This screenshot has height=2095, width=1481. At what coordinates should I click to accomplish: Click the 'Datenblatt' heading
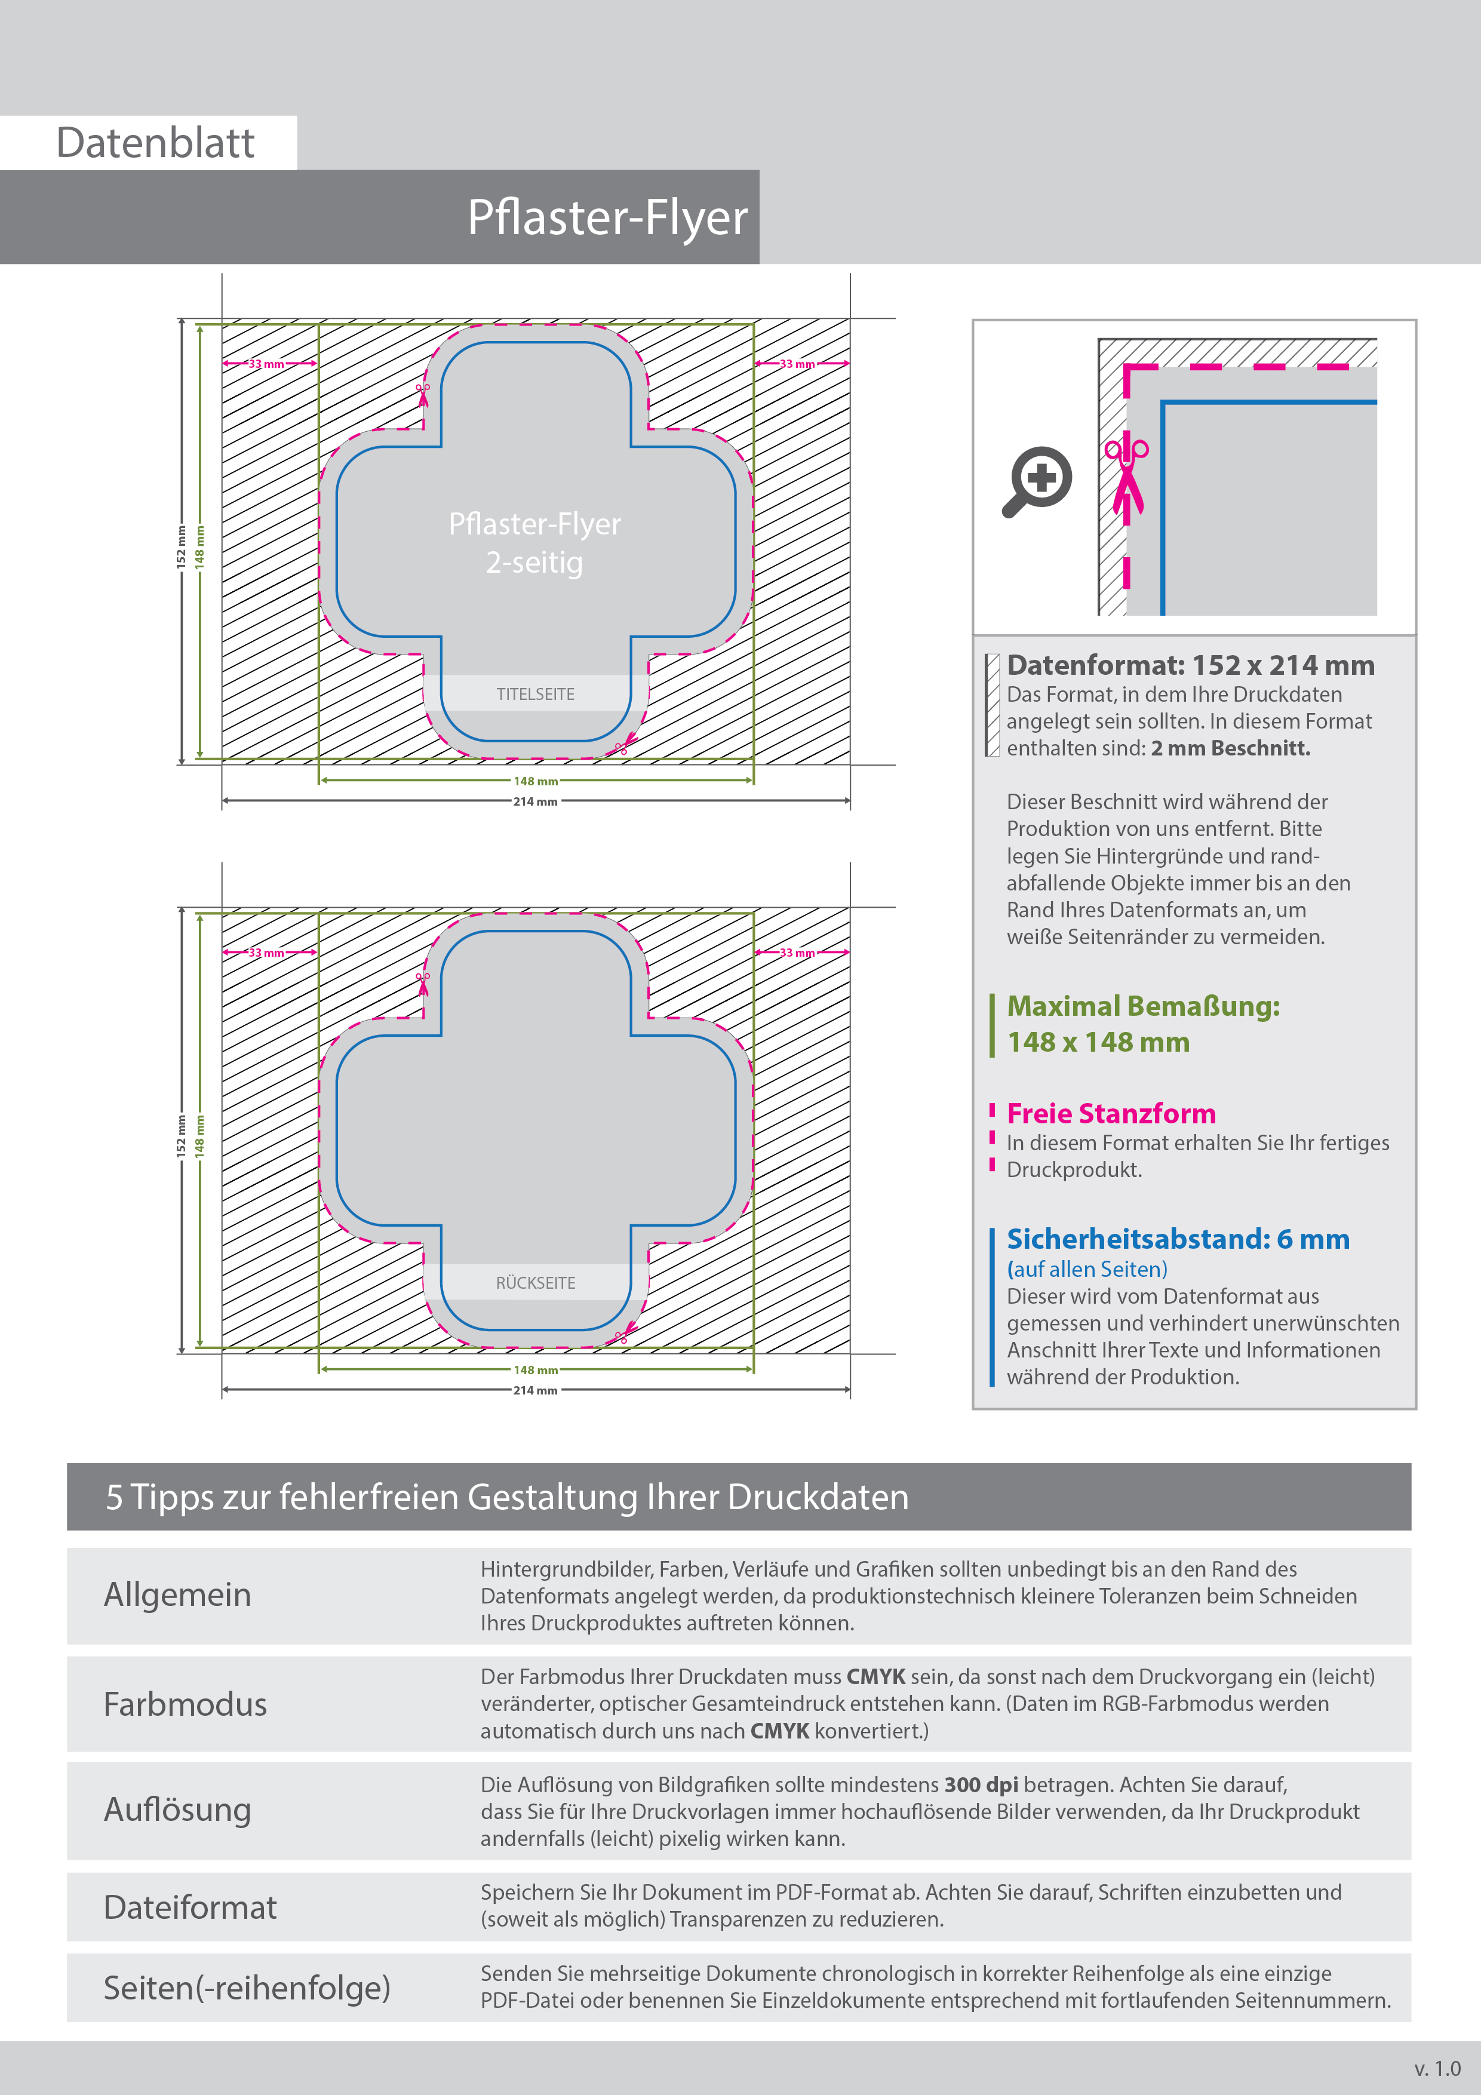pos(155,143)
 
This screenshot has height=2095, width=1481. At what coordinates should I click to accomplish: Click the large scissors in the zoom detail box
pos(1127,477)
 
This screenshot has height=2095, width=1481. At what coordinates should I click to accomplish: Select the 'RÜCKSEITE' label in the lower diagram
pos(536,1283)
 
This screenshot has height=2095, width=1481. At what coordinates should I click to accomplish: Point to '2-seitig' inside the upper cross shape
pos(534,562)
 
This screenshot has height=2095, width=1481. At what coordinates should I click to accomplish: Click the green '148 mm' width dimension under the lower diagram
pos(536,1369)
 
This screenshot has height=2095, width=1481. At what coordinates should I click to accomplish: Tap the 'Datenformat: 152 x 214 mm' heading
pos(1190,665)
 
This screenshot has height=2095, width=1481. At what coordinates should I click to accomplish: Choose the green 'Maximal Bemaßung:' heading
pos(1142,1006)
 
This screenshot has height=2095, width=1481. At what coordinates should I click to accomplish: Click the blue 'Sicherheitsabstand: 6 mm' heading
pos(1177,1239)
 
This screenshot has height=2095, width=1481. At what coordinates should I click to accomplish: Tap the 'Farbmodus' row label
pos(185,1704)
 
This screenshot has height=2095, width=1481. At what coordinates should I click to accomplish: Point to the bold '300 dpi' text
pos(981,1785)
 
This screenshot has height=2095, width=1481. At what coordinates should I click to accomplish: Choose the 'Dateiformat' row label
pos(190,1907)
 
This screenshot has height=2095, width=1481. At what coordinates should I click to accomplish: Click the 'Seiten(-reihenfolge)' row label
pos(247,1988)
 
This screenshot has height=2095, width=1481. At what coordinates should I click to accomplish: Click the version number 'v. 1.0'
pos(1437,2069)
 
